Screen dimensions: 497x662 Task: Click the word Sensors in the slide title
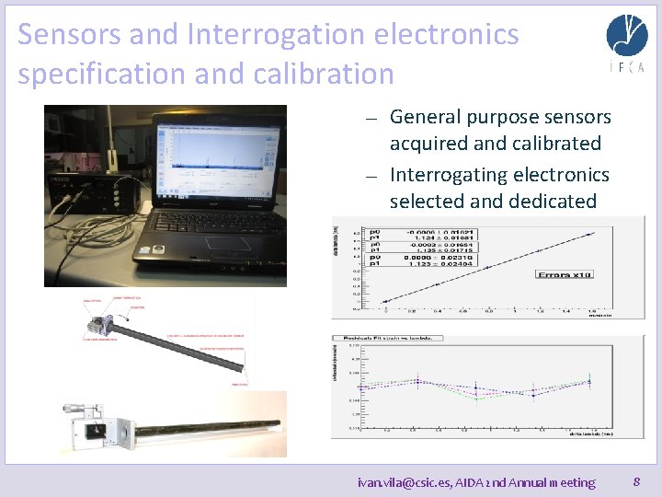(69, 35)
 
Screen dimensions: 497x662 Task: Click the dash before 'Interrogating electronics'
(370, 176)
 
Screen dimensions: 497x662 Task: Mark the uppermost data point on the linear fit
(590, 235)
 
